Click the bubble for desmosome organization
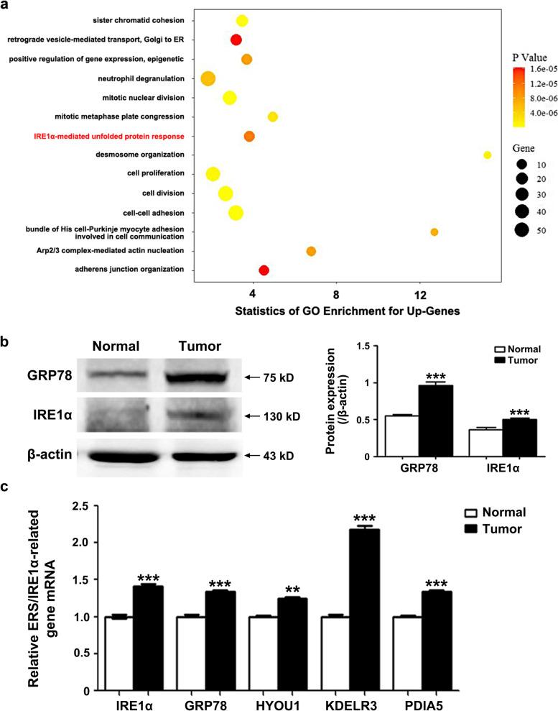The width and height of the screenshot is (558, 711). click(x=487, y=155)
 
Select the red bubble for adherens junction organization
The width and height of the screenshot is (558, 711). click(x=264, y=270)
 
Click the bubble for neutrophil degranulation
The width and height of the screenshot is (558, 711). click(x=208, y=78)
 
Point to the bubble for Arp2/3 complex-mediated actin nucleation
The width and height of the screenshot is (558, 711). click(x=311, y=251)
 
